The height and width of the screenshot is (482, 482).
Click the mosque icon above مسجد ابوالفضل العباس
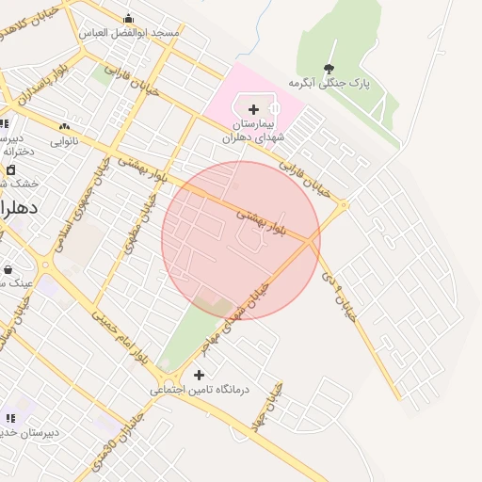pyautogui.click(x=129, y=18)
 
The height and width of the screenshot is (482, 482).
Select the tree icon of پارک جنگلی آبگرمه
pyautogui.click(x=329, y=68)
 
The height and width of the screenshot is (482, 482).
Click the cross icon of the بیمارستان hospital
pyautogui.click(x=253, y=109)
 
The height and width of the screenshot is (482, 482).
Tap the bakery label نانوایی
pyautogui.click(x=64, y=141)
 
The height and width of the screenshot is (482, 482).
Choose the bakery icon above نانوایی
pyautogui.click(x=64, y=126)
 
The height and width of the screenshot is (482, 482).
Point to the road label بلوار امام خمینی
pyautogui.click(x=120, y=334)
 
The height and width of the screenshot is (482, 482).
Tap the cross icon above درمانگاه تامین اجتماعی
pyautogui.click(x=199, y=375)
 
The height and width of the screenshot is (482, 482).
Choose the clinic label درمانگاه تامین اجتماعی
pyautogui.click(x=197, y=389)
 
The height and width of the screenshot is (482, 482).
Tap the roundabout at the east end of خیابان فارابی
pyautogui.click(x=345, y=204)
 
